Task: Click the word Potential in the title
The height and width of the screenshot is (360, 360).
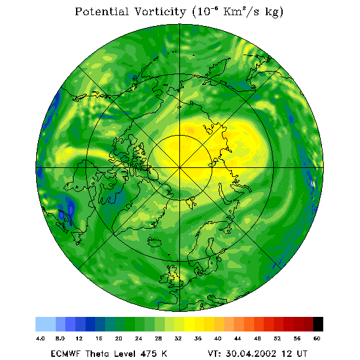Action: coord(101,11)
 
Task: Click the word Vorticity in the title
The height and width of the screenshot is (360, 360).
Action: coord(160,11)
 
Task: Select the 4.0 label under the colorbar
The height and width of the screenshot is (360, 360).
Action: coord(41,338)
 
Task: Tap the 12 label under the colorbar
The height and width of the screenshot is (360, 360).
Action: coord(79,338)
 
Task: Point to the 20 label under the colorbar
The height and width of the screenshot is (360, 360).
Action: coord(119,338)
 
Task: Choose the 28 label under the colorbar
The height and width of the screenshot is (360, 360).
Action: coord(158,338)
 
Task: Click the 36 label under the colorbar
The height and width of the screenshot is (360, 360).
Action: coord(198,338)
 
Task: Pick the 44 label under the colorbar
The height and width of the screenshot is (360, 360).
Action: coord(238,338)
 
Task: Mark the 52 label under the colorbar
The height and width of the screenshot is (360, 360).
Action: coord(278,338)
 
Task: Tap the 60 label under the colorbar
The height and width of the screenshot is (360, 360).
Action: coord(317,338)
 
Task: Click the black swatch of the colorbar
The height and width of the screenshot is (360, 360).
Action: coord(318,324)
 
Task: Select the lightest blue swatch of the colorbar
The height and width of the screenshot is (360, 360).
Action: coord(46,324)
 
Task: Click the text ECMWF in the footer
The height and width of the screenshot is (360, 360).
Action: coord(65,354)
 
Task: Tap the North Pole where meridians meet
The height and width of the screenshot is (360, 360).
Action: coord(180,168)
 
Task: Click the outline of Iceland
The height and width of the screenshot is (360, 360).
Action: coord(154,241)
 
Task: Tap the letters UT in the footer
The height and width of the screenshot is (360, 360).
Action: coord(302,354)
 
